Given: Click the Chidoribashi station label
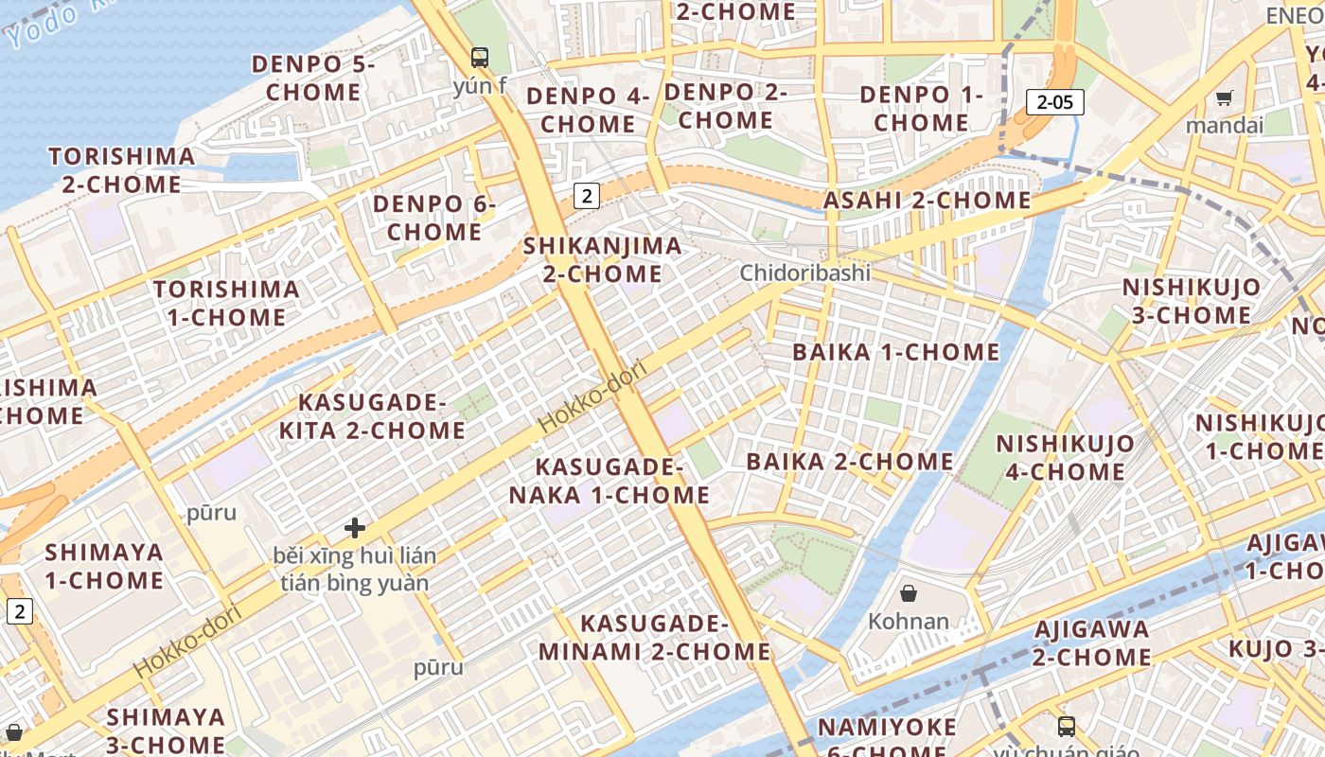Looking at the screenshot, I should [804, 273].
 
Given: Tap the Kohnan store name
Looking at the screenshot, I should [908, 622].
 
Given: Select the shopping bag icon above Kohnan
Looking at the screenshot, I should [909, 593].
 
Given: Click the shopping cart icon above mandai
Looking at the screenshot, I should [1224, 97].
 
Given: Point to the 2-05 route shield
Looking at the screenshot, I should [1055, 102].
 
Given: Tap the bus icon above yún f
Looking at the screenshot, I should [480, 58].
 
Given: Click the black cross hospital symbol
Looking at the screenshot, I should [355, 528].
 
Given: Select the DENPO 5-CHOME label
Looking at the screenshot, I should [313, 79].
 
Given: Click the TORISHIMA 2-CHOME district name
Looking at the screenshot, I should [122, 170].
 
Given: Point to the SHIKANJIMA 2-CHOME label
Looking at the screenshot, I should [603, 260].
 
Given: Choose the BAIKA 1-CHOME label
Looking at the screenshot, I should [895, 352].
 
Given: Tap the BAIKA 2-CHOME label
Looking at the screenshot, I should [850, 462].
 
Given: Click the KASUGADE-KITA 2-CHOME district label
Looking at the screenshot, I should [372, 416].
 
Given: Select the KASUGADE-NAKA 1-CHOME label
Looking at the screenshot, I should [609, 481].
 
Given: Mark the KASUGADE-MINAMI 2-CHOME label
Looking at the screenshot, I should [655, 638].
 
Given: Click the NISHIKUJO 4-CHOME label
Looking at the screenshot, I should [1065, 457].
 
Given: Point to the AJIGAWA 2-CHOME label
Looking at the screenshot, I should [1091, 643].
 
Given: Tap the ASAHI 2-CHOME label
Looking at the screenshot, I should [927, 201].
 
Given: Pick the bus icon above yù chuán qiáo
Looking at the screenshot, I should [1067, 726].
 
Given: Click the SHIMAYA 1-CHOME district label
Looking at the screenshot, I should [104, 566].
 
